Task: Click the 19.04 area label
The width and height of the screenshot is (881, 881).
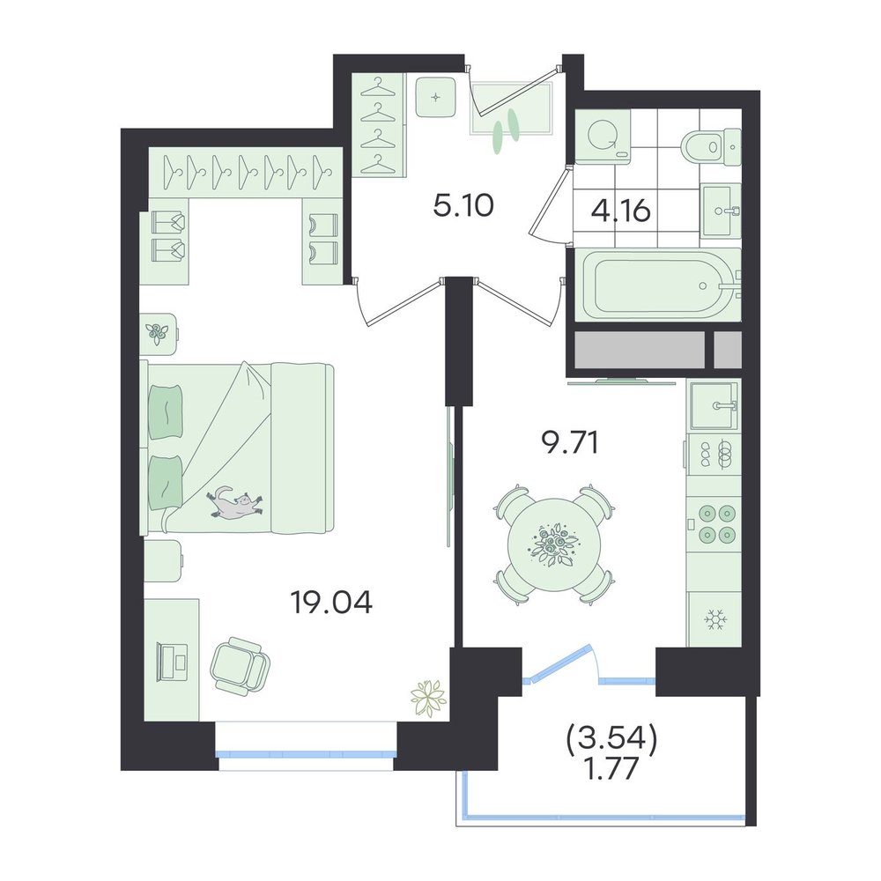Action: click(x=331, y=603)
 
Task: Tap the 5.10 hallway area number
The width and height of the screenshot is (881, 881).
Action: click(x=463, y=206)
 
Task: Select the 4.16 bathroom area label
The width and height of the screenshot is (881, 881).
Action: click(x=621, y=211)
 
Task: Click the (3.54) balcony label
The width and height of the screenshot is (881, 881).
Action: click(x=612, y=741)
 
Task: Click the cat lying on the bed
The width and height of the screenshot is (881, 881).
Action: click(x=235, y=501)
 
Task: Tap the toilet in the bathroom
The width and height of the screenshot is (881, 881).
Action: click(x=710, y=147)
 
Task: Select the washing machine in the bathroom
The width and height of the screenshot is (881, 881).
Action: click(x=603, y=136)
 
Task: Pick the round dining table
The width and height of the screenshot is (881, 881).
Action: click(x=554, y=544)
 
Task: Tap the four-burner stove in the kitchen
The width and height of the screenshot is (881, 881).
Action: click(x=714, y=524)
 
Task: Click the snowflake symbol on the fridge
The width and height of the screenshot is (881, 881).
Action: click(x=715, y=619)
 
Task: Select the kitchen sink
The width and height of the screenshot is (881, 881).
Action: click(x=714, y=405)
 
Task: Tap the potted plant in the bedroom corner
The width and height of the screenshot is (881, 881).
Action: click(x=428, y=699)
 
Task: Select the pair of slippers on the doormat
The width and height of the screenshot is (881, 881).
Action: click(x=505, y=130)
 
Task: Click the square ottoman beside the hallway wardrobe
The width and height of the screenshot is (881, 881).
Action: click(x=435, y=97)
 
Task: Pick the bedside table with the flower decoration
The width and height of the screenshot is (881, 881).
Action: click(x=159, y=334)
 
